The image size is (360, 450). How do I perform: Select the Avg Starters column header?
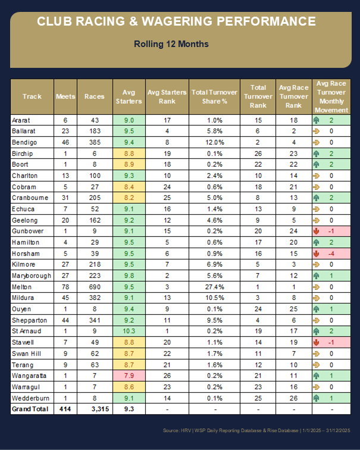click(x=129, y=96)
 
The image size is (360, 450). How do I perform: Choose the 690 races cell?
click(x=93, y=286)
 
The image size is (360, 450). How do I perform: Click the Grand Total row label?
click(x=29, y=409)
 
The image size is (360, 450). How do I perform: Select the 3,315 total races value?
click(x=93, y=409)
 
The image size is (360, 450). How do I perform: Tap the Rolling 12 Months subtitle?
click(x=171, y=44)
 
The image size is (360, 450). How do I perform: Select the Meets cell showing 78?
click(x=65, y=286)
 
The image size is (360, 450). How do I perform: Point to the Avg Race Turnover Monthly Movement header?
click(x=331, y=96)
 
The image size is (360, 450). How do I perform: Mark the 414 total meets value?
click(x=65, y=409)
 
